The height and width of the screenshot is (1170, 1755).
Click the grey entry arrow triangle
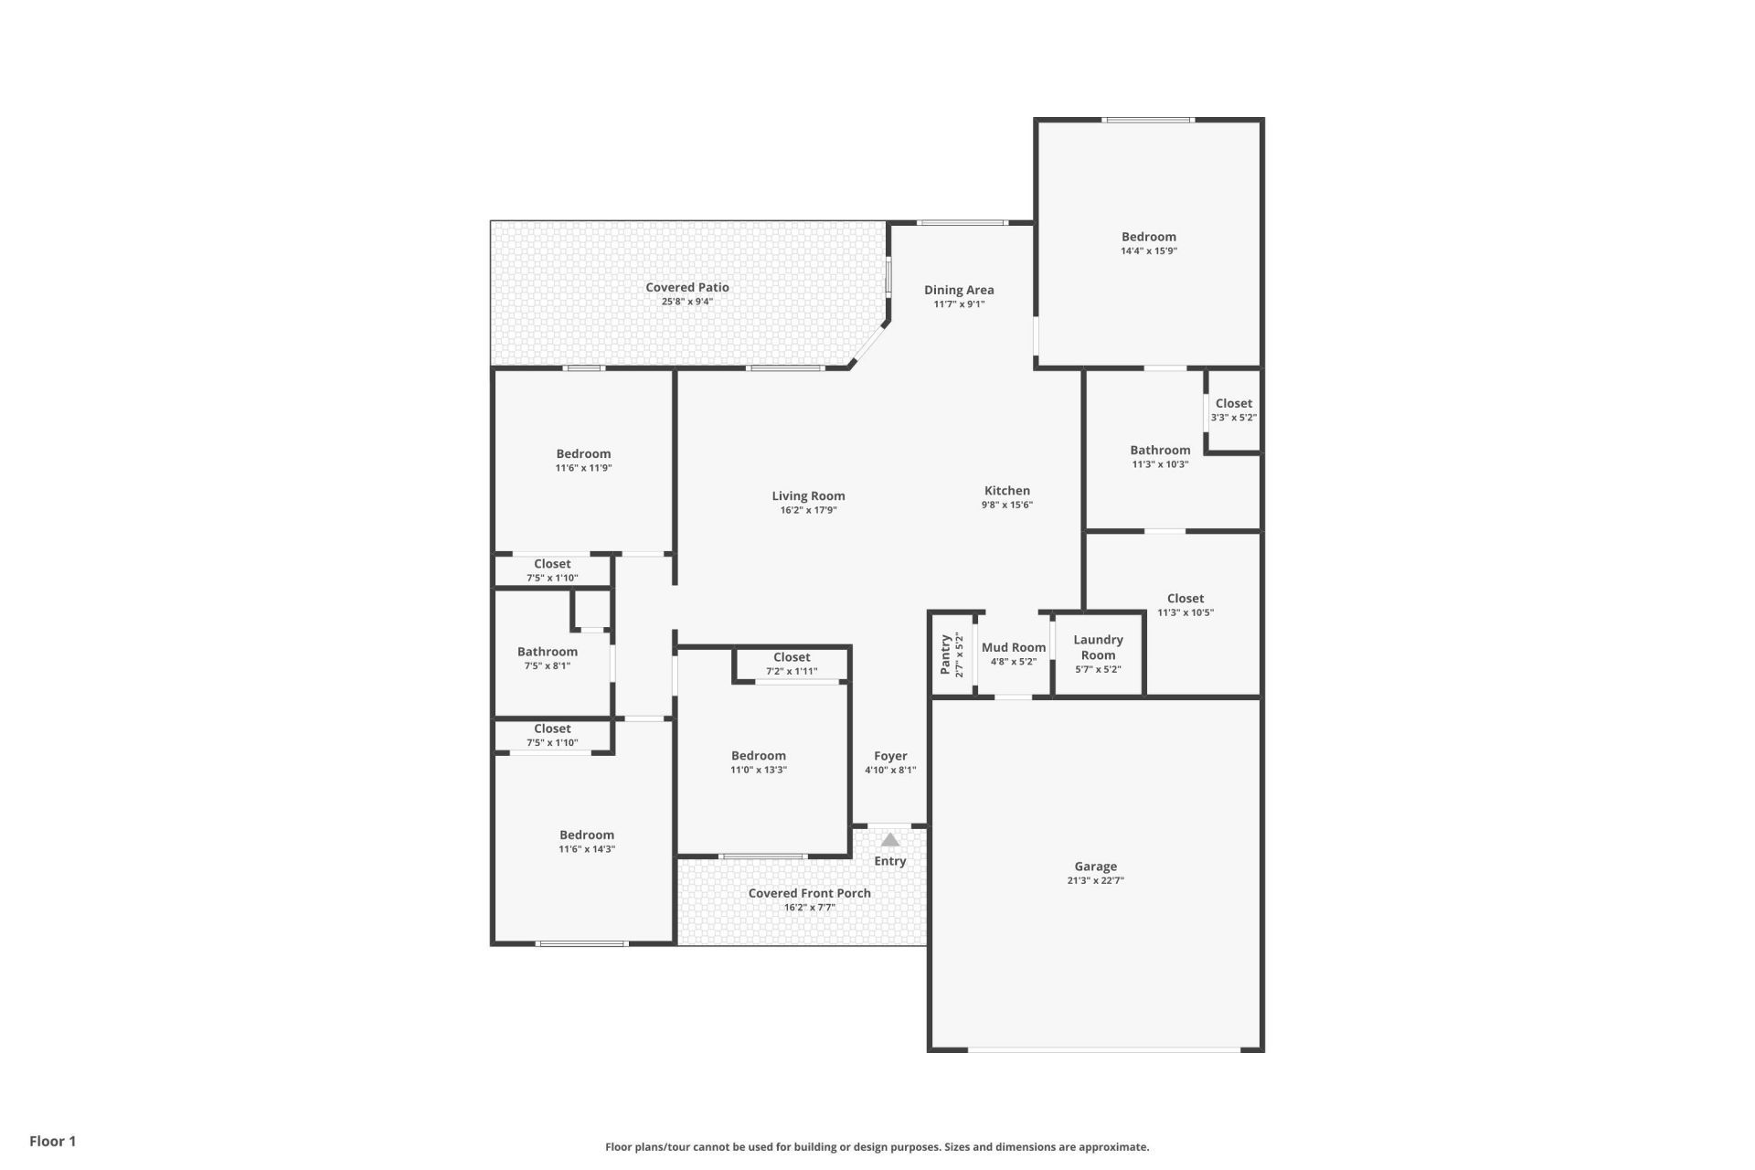tap(889, 839)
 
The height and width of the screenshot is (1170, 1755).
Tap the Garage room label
tap(1095, 867)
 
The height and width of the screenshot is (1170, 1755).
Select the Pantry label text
tap(946, 654)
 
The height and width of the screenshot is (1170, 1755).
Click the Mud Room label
tap(1013, 647)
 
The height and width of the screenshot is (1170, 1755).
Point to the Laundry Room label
tap(1098, 647)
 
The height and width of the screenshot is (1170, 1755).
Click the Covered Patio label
tap(687, 287)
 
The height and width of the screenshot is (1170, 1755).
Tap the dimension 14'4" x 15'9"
tap(1148, 251)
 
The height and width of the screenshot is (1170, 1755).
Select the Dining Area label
tap(959, 290)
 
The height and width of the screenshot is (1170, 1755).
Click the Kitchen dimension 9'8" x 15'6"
tap(1006, 505)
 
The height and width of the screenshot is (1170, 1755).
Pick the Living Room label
tap(808, 496)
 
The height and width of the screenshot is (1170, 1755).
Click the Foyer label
tap(890, 756)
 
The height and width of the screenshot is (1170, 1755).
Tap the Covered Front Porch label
tap(809, 893)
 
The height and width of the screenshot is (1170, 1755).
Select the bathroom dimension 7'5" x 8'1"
tap(547, 666)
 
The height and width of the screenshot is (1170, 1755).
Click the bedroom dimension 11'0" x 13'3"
tap(758, 770)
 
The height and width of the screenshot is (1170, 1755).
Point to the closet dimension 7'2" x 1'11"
tap(792, 672)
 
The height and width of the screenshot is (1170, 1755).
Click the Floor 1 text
tap(53, 1141)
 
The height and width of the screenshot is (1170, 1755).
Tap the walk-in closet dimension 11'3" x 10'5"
tap(1185, 613)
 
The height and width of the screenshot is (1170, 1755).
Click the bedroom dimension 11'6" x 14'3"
tap(587, 849)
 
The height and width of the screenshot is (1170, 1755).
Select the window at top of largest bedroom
tap(1147, 120)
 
